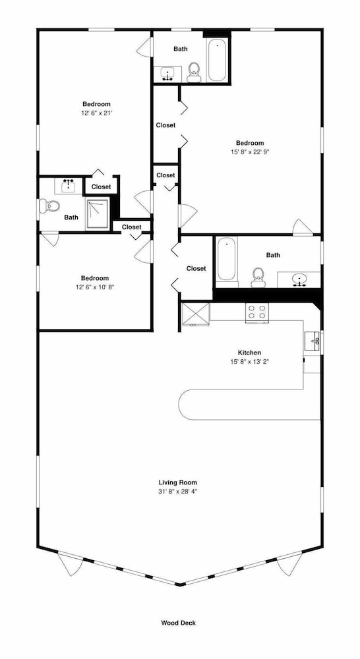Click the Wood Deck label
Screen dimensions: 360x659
click(x=178, y=623)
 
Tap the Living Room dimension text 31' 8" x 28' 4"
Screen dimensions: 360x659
click(x=177, y=492)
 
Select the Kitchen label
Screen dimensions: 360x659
click(x=249, y=353)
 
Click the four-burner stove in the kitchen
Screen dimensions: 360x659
click(x=257, y=312)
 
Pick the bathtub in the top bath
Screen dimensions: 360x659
click(x=217, y=60)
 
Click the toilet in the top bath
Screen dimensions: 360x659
click(x=194, y=72)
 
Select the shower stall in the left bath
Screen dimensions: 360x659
click(x=97, y=214)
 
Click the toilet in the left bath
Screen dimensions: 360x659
click(x=49, y=206)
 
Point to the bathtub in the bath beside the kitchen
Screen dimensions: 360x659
click(x=227, y=259)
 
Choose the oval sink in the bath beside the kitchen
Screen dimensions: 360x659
click(x=299, y=279)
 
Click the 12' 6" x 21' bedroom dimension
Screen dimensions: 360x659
click(x=96, y=113)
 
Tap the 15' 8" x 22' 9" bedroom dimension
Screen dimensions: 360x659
click(x=250, y=152)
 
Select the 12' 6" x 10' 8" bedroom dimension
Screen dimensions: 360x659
click(x=95, y=287)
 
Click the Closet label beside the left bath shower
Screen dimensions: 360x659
click(x=102, y=186)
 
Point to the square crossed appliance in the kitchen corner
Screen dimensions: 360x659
click(x=196, y=314)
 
